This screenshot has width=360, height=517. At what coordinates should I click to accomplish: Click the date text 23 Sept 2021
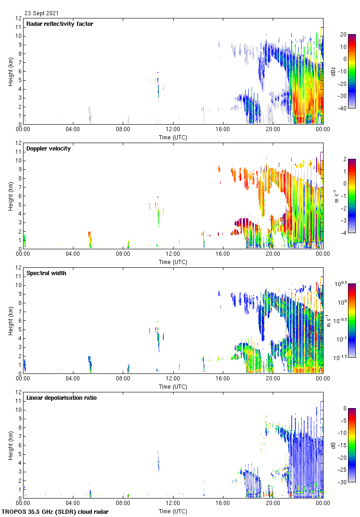[x=42, y=13]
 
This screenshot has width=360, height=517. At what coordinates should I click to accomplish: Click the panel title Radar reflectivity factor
[x=60, y=24]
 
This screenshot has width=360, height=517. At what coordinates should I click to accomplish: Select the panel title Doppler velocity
[x=48, y=149]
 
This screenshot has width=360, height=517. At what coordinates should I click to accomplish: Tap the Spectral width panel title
[x=46, y=273]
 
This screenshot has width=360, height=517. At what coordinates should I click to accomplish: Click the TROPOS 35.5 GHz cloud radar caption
[x=55, y=512]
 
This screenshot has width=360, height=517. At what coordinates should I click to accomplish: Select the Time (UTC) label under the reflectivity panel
[x=173, y=137]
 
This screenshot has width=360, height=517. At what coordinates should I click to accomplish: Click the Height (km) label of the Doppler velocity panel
[x=10, y=196]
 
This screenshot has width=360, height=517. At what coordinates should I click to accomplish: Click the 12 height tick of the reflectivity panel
[x=18, y=18]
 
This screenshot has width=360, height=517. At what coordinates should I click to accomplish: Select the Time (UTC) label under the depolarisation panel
[x=173, y=511]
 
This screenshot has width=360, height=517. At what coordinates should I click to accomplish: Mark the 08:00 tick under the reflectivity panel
[x=123, y=129]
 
